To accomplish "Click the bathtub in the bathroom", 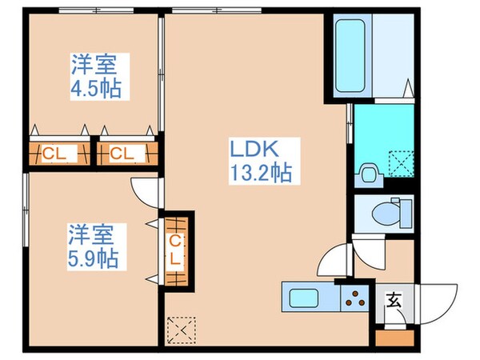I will coord(350,54).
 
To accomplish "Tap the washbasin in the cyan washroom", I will coord(369,171).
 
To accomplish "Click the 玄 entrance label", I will coord(394,301).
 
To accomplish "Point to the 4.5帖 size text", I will coord(94,88).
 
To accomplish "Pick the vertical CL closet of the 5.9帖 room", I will coord(176,248).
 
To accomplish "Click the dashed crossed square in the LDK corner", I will coord(180,329).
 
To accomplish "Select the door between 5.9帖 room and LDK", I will coord(146,192).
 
